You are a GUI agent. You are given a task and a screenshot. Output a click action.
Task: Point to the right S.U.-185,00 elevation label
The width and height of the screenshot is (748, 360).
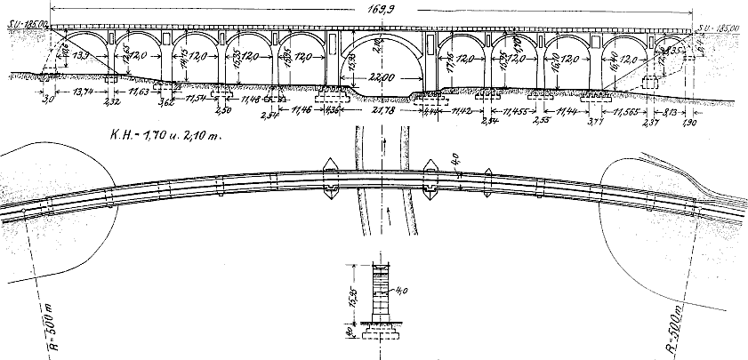[x=720, y=29]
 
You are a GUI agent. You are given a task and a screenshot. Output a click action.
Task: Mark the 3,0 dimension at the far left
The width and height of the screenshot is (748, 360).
[x=48, y=100]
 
